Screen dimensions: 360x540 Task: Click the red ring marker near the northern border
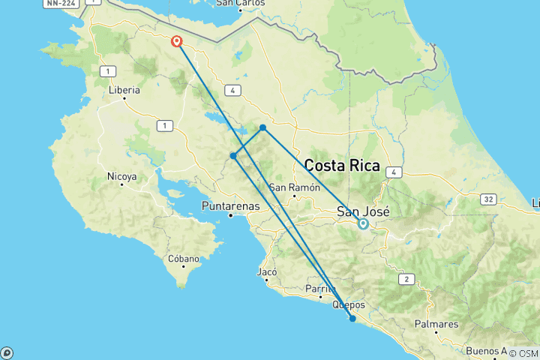178,41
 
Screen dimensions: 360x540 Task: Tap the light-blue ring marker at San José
363,223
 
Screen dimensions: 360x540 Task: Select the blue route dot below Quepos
352,319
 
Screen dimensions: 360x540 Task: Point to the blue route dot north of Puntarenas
234,156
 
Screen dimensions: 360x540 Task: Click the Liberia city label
124,90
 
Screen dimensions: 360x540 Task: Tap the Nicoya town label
122,177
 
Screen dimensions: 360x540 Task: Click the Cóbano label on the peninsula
184,259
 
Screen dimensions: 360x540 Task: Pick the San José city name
363,211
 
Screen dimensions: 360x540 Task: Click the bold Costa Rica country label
342,166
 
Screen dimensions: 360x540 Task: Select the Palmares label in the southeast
436,324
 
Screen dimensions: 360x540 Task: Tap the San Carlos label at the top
240,3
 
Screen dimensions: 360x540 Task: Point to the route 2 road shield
406,279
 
